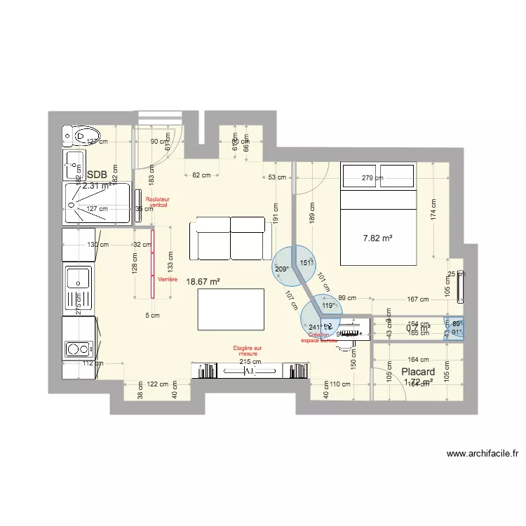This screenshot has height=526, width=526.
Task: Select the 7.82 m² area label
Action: (377, 238)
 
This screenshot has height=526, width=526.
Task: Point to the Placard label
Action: (418, 372)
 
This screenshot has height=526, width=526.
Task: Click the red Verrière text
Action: (168, 279)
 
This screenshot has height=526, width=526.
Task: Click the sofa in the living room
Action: (231, 236)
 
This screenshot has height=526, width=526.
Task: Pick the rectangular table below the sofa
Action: (231, 309)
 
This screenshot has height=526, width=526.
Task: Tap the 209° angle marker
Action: (282, 269)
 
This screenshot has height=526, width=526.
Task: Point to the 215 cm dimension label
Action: (250, 362)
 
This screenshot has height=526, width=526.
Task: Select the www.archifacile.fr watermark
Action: (483, 454)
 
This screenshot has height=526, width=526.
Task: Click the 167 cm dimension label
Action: (417, 299)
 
